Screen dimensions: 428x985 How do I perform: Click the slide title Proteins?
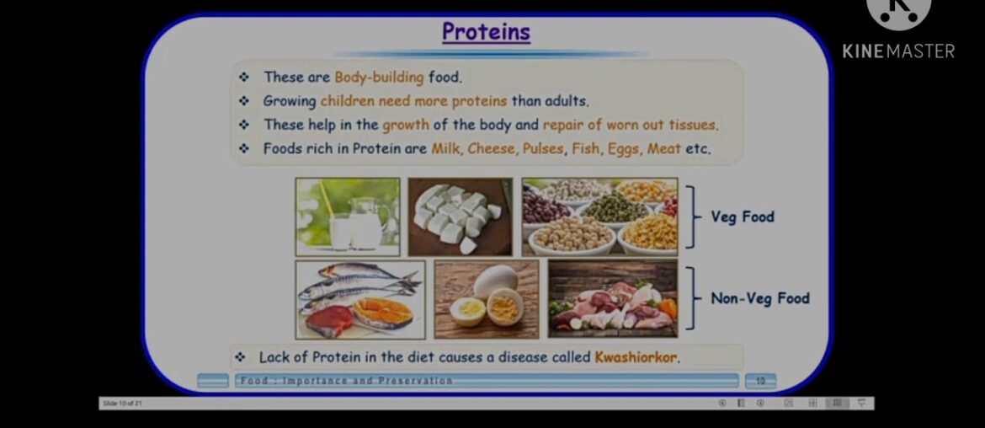[486, 32]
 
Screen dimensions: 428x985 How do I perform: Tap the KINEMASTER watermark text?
[898, 51]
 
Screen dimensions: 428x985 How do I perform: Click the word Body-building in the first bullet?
[379, 78]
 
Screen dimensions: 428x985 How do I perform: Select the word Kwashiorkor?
[636, 357]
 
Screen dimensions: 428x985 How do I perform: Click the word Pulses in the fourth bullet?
[542, 149]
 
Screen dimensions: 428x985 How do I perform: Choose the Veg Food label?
[742, 217]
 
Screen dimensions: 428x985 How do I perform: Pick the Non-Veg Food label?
[759, 298]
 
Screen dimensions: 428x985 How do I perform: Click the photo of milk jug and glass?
[348, 217]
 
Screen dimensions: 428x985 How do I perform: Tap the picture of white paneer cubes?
[460, 217]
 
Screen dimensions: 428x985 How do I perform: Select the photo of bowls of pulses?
[599, 217]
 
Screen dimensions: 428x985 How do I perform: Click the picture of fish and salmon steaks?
[360, 299]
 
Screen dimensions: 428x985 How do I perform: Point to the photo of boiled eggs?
[486, 299]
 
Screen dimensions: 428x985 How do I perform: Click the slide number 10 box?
[760, 382]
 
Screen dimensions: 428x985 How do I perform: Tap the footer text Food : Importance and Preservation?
[346, 382]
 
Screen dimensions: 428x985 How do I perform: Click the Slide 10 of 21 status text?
[122, 404]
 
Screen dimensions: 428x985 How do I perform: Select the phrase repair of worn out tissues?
[631, 125]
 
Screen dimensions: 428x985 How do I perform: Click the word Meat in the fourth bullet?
[664, 149]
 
